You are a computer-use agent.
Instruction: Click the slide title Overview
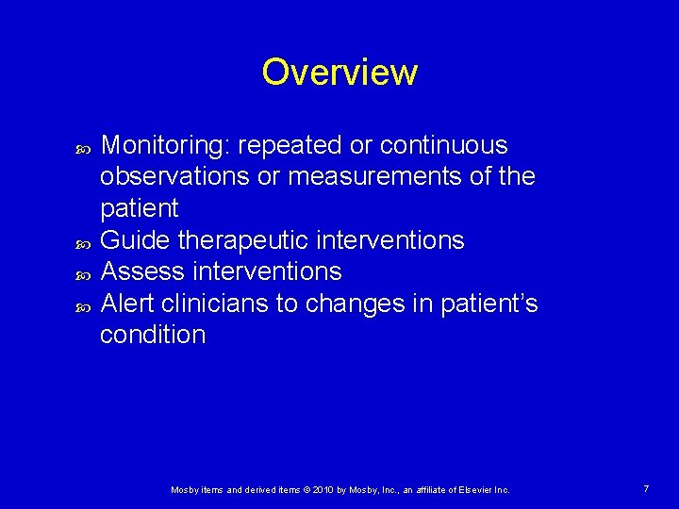click(x=339, y=73)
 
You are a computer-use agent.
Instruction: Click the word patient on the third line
click(x=140, y=208)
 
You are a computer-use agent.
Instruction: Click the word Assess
click(x=141, y=271)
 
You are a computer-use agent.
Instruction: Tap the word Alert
click(x=130, y=303)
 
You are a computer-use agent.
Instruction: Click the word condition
click(x=153, y=335)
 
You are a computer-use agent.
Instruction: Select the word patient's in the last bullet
click(x=489, y=303)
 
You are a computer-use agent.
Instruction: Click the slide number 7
click(x=646, y=489)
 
